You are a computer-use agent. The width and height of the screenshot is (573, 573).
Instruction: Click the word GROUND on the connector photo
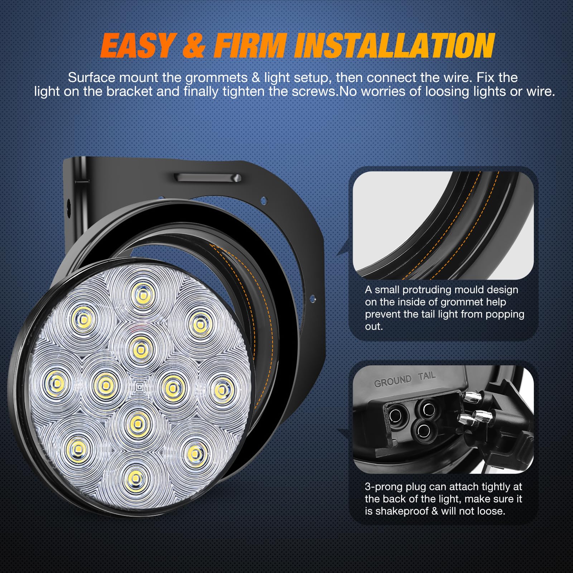tap(393, 381)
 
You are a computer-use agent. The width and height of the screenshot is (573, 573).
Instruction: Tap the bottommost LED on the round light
tap(135, 477)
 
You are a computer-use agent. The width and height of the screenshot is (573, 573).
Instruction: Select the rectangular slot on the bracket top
tap(208, 178)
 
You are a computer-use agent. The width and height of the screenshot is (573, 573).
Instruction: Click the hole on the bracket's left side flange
tap(68, 207)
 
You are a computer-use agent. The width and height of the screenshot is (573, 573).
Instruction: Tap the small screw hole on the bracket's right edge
tap(313, 298)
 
